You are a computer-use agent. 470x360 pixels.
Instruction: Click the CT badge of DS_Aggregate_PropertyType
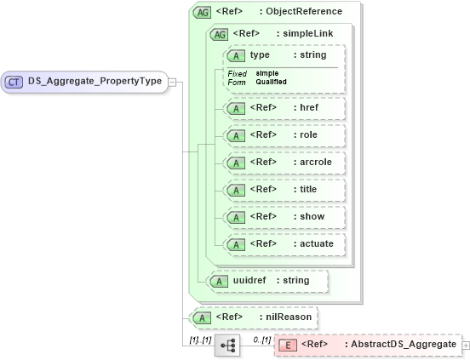[14, 82]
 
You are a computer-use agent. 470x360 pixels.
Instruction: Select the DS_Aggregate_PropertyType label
[95, 82]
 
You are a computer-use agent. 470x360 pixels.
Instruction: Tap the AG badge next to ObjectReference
[203, 12]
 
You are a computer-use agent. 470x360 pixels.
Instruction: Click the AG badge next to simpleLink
[219, 34]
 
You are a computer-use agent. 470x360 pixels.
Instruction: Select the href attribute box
[284, 108]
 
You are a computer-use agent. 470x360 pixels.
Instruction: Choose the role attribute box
[284, 135]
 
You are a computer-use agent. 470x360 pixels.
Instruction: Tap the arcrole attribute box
[284, 163]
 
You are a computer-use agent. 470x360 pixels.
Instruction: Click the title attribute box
[284, 190]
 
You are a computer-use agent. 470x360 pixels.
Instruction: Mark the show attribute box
[284, 217]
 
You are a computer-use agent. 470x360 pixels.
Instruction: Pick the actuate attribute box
[284, 244]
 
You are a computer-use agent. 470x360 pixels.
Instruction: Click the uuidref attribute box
[260, 280]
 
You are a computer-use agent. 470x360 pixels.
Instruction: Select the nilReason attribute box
[253, 317]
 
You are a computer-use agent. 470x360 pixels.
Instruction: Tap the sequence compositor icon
[227, 346]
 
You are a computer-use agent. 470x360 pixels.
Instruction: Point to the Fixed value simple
[267, 73]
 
